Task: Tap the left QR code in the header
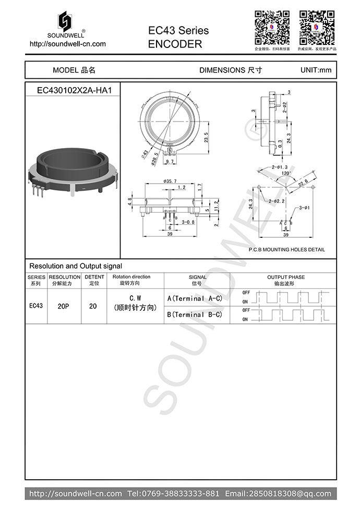[272, 27]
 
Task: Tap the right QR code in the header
[317, 27]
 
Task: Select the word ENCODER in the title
[175, 44]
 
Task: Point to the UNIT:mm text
[316, 70]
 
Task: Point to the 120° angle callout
[286, 173]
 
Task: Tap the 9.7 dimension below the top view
[170, 163]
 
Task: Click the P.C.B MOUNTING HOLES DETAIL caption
[286, 250]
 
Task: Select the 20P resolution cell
[63, 307]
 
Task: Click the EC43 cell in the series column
[36, 306]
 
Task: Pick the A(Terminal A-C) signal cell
[195, 299]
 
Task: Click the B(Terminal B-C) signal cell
[195, 315]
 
